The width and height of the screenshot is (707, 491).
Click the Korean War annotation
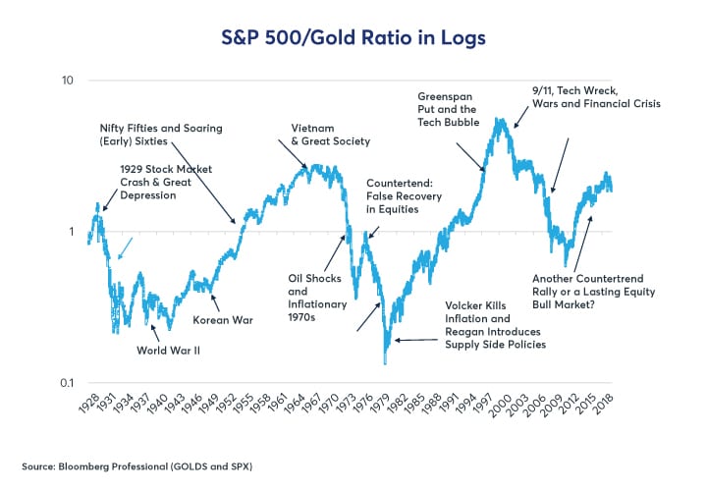coord(223,320)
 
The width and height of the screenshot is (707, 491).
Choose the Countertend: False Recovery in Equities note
coord(404,196)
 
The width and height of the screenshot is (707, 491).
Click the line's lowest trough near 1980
coord(386,363)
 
